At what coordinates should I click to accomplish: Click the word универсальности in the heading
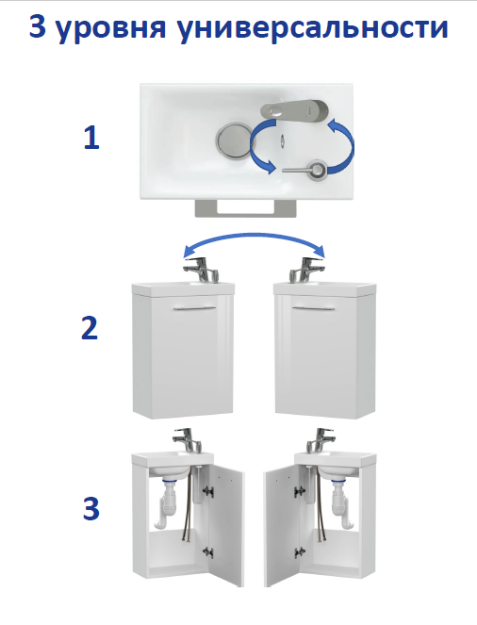click(x=313, y=27)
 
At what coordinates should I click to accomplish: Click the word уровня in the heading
click(x=110, y=28)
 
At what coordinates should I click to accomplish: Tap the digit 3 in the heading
click(x=38, y=26)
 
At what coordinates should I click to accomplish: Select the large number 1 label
click(x=91, y=138)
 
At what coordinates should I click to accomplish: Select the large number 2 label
click(x=90, y=328)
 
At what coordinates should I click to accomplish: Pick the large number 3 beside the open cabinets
click(x=90, y=509)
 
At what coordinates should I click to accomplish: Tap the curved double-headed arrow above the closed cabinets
click(x=254, y=238)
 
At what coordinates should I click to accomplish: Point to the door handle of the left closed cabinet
click(x=194, y=307)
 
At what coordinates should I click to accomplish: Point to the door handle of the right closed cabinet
click(x=313, y=307)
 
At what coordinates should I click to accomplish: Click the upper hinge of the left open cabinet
click(x=208, y=491)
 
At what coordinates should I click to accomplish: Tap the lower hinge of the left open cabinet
click(x=208, y=552)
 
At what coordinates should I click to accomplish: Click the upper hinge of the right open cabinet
click(x=300, y=491)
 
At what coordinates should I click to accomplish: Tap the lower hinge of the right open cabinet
click(x=300, y=552)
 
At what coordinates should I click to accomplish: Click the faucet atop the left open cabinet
click(x=188, y=440)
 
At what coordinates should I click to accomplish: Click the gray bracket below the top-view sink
click(x=246, y=208)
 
